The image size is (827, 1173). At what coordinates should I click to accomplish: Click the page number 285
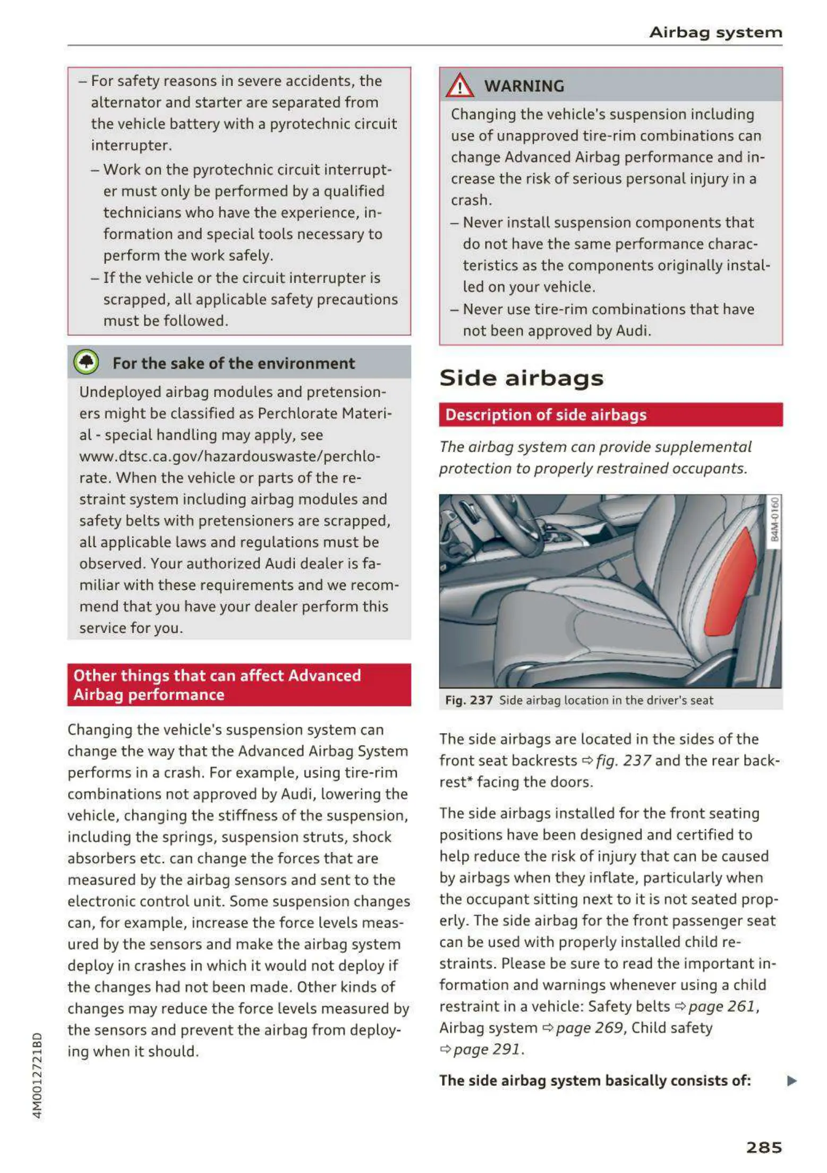tap(763, 1147)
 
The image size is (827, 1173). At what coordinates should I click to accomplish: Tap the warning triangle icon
tap(459, 86)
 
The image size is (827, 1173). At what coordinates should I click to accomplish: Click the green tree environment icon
tap(86, 362)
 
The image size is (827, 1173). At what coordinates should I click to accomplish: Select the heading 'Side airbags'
tap(521, 378)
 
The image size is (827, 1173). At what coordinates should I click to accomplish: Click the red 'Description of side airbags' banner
tap(610, 415)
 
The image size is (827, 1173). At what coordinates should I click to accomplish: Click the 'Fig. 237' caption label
tap(468, 700)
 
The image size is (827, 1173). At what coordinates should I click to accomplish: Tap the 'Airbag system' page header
tap(715, 32)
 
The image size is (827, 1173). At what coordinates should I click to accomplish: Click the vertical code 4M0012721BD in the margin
tap(37, 1075)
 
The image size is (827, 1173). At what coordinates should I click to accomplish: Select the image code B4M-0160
tap(774, 519)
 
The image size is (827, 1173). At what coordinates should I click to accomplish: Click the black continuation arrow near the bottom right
tap(791, 1081)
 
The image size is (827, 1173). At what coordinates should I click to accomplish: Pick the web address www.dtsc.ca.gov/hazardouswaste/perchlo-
tap(229, 456)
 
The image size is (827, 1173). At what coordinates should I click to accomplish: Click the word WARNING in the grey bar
tap(524, 86)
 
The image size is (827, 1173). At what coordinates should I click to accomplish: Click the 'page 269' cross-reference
tap(589, 1028)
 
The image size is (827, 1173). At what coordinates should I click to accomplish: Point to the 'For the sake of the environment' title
tap(233, 363)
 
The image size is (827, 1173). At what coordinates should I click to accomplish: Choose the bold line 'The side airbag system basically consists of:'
tap(595, 1081)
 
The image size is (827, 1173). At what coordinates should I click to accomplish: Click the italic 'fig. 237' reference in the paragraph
tap(623, 761)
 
